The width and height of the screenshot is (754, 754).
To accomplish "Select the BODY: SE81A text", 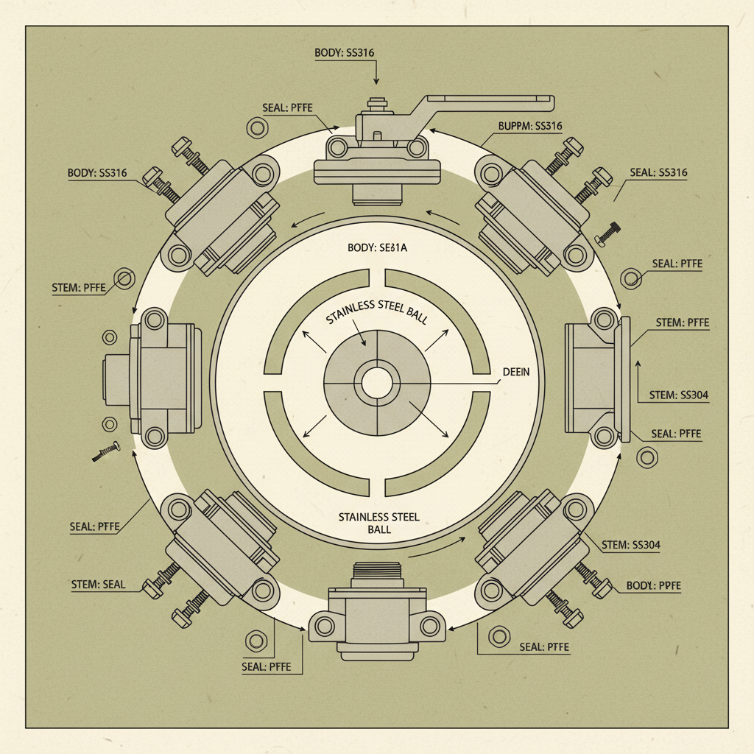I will point(376,248).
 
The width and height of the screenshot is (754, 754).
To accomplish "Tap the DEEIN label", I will point(515,373).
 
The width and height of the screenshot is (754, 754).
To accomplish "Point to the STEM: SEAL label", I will point(98,585).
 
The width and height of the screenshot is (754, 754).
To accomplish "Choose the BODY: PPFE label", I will point(654,586).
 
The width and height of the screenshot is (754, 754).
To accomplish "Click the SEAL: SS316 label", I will point(658,173).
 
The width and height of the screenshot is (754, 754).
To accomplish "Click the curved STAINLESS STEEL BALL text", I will point(376,314).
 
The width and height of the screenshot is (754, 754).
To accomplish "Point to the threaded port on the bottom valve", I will point(377,571).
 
